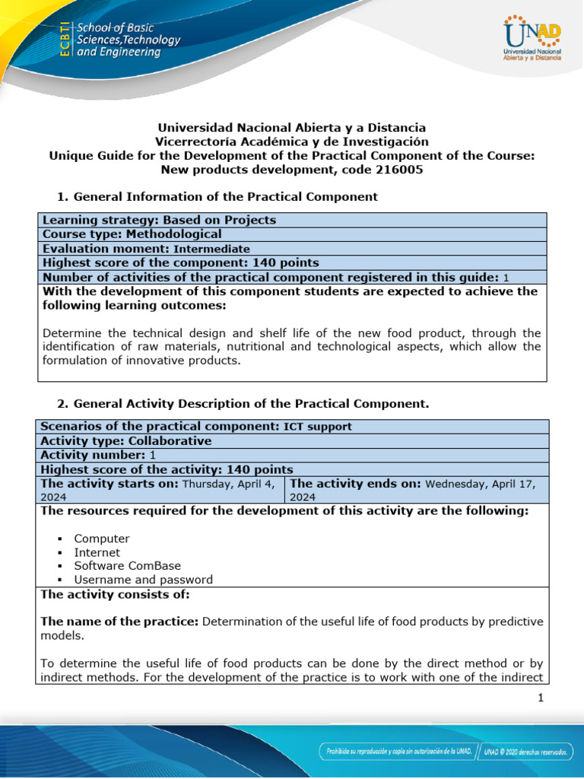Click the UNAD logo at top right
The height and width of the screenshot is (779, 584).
[532, 39]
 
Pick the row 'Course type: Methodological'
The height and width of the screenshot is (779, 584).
[132, 234]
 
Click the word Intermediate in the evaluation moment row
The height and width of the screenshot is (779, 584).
[211, 249]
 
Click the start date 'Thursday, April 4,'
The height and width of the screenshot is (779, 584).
[231, 484]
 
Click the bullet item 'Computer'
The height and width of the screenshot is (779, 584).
[102, 539]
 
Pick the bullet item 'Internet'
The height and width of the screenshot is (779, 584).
[97, 552]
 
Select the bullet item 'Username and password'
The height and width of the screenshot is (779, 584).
[143, 580]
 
